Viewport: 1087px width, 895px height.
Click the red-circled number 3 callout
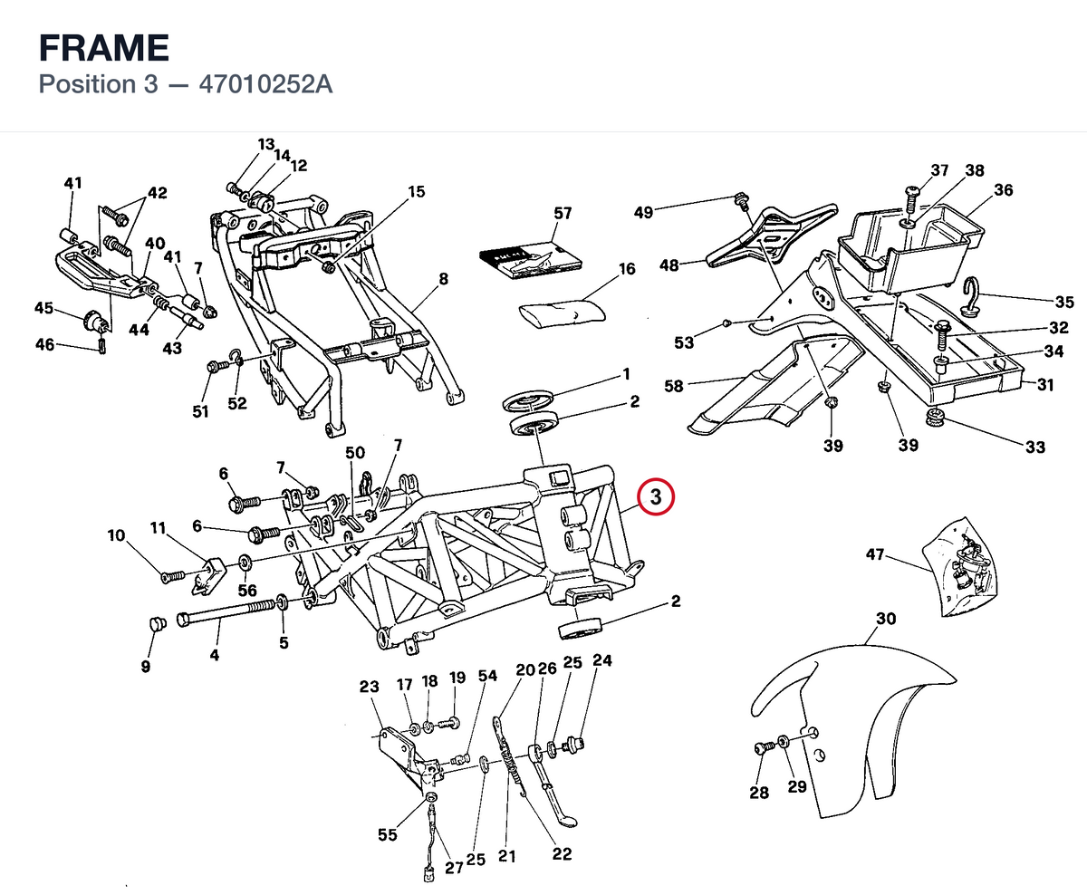pos(656,497)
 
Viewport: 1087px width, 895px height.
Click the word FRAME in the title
pos(104,48)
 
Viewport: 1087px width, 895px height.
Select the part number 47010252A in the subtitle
pos(266,84)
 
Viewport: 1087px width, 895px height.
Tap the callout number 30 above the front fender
pos(886,618)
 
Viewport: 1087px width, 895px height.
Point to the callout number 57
pos(563,213)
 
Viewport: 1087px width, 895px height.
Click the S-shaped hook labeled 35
pos(972,296)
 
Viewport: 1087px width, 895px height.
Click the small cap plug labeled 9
pos(158,623)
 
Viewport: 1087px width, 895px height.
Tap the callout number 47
pos(875,554)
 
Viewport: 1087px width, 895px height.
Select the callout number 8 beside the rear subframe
pos(443,279)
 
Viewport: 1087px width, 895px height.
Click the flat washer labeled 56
pos(244,561)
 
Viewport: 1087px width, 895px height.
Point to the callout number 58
pos(674,386)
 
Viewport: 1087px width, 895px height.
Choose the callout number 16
pos(627,269)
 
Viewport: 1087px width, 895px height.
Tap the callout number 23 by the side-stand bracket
pos(369,687)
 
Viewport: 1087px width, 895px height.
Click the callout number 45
pos(43,308)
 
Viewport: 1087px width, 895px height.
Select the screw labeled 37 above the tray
pos(910,199)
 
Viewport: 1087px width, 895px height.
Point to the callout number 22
pos(562,853)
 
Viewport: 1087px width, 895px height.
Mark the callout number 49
pos(643,212)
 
